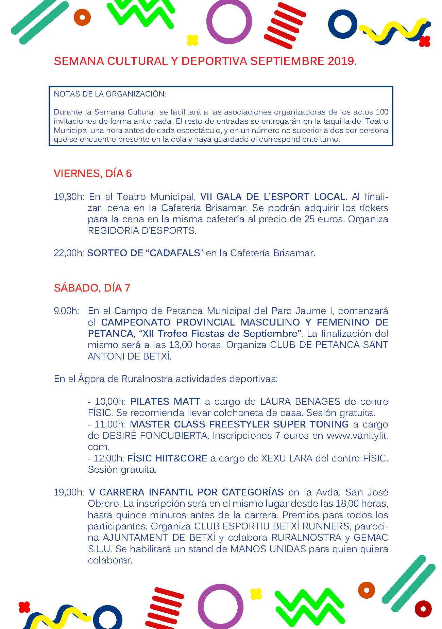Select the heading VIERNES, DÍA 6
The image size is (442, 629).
tap(92, 174)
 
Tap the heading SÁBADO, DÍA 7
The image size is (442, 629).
tap(92, 288)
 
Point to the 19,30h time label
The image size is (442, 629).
tap(69, 197)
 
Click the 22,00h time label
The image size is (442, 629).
tap(69, 253)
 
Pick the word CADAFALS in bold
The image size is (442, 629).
tap(175, 253)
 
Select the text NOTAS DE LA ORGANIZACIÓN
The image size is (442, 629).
tap(109, 94)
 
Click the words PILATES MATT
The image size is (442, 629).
tap(165, 402)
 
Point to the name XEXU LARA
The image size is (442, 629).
tap(287, 458)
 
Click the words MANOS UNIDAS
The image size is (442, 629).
tap(268, 549)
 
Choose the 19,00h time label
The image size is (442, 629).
tap(69, 492)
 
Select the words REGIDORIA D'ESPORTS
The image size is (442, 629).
tap(142, 231)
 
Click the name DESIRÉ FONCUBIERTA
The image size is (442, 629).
tap(155, 436)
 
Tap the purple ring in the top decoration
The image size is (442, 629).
tap(229, 21)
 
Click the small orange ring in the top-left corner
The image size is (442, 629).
tap(82, 17)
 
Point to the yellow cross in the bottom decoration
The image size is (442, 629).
tap(256, 594)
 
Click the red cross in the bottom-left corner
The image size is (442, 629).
tap(24, 607)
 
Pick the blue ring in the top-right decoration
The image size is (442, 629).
tap(343, 24)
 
